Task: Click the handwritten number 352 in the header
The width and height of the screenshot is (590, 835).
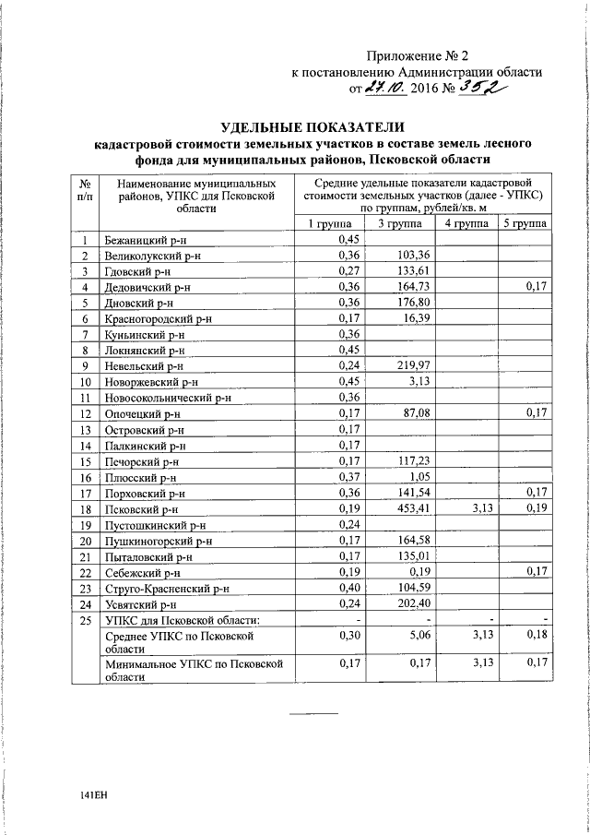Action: click(x=483, y=88)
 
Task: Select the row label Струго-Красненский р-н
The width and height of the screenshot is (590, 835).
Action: click(x=166, y=588)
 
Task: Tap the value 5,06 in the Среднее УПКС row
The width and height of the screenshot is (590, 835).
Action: click(x=418, y=637)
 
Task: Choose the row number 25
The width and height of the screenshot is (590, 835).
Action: click(x=85, y=619)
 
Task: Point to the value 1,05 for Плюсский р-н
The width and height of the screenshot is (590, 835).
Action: click(x=418, y=478)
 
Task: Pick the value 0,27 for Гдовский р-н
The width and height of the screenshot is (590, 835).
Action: click(x=348, y=271)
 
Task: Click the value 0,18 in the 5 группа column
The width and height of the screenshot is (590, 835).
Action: click(x=537, y=637)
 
